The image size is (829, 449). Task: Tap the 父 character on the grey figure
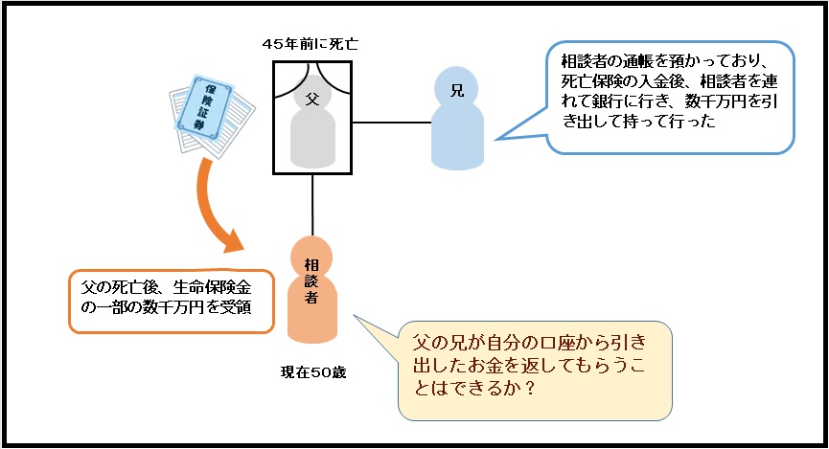point(311,97)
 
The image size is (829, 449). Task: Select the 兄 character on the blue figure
point(456,91)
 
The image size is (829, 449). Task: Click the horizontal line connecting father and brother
point(391,123)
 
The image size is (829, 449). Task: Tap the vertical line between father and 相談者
point(312,206)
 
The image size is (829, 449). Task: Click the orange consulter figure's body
point(312,306)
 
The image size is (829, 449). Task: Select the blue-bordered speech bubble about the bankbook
point(671,96)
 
